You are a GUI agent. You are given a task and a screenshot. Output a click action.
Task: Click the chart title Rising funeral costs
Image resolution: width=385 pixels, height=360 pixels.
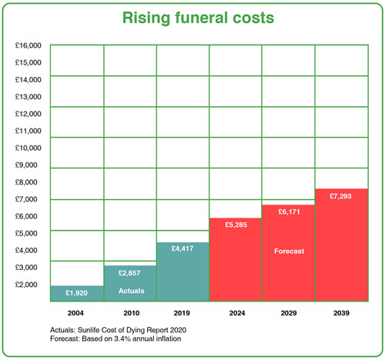coord(192,17)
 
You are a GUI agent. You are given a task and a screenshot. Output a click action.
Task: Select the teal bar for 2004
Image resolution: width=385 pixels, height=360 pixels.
coord(76,294)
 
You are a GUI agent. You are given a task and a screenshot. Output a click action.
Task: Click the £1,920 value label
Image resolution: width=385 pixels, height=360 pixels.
coord(77,293)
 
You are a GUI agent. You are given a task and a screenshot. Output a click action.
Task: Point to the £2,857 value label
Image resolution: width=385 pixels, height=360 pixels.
coord(129,273)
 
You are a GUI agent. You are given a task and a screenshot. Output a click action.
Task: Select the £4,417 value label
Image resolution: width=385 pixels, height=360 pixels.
coord(182,249)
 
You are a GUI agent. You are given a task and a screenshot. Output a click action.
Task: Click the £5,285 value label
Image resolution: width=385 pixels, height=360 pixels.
coord(236,225)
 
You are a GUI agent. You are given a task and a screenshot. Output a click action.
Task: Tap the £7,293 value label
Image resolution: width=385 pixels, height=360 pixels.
coord(341,196)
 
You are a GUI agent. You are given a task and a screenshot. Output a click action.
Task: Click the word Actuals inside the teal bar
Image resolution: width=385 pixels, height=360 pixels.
coord(129,291)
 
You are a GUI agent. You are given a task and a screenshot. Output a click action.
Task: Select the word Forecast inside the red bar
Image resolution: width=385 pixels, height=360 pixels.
coord(288,251)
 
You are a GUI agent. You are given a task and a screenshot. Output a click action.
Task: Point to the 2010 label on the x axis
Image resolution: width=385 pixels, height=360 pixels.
coord(129,313)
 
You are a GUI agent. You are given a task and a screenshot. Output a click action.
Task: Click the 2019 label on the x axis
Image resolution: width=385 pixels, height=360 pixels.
coord(182,313)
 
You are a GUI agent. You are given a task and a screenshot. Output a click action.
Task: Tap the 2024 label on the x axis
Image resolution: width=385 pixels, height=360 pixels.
coord(236,313)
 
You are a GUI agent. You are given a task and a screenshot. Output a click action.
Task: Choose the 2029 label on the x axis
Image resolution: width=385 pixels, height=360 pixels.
coord(288,313)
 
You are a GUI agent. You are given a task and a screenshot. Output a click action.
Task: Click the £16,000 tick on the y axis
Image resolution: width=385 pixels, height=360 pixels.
coord(28,46)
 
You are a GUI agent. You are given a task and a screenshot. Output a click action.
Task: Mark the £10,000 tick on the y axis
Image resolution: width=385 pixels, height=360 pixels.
coord(28,148)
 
